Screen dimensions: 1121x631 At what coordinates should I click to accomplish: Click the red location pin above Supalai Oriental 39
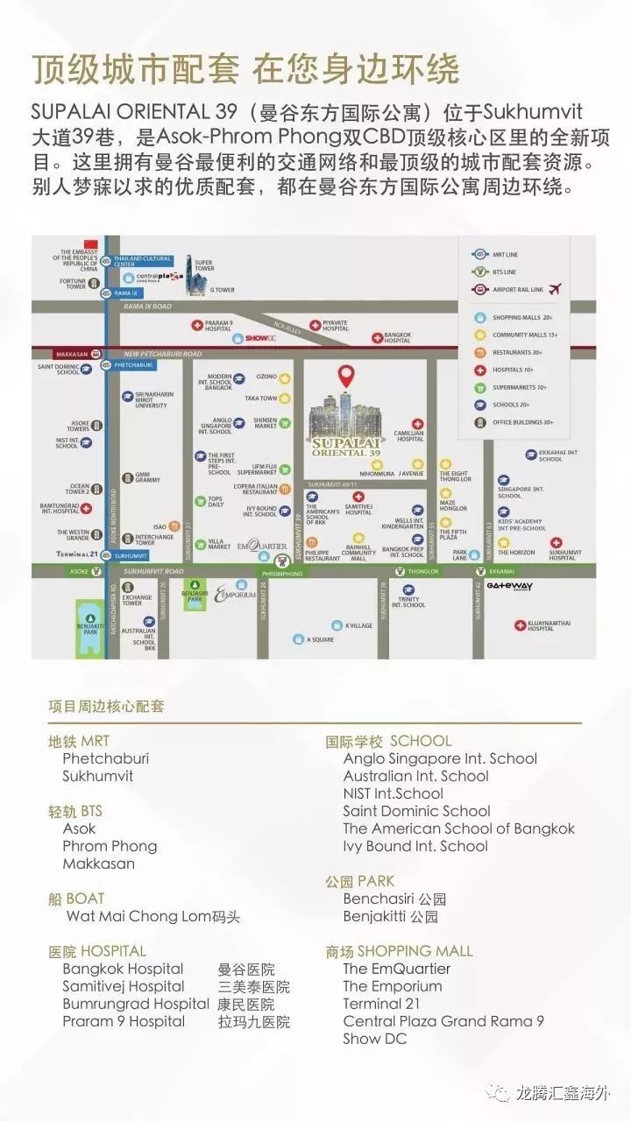347,377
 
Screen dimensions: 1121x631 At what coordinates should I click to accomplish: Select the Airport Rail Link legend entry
519,290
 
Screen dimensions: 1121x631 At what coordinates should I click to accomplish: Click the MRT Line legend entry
506,254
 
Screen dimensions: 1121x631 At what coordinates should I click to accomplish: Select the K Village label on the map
358,625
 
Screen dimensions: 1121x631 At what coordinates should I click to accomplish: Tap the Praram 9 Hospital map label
218,325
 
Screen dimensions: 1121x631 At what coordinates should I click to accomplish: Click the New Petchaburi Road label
163,354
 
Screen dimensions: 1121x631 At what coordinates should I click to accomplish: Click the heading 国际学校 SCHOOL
388,741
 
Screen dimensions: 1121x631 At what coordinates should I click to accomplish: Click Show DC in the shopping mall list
375,1039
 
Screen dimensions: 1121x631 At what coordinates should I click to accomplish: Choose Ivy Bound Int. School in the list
415,846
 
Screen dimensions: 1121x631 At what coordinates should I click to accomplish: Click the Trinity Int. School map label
408,602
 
